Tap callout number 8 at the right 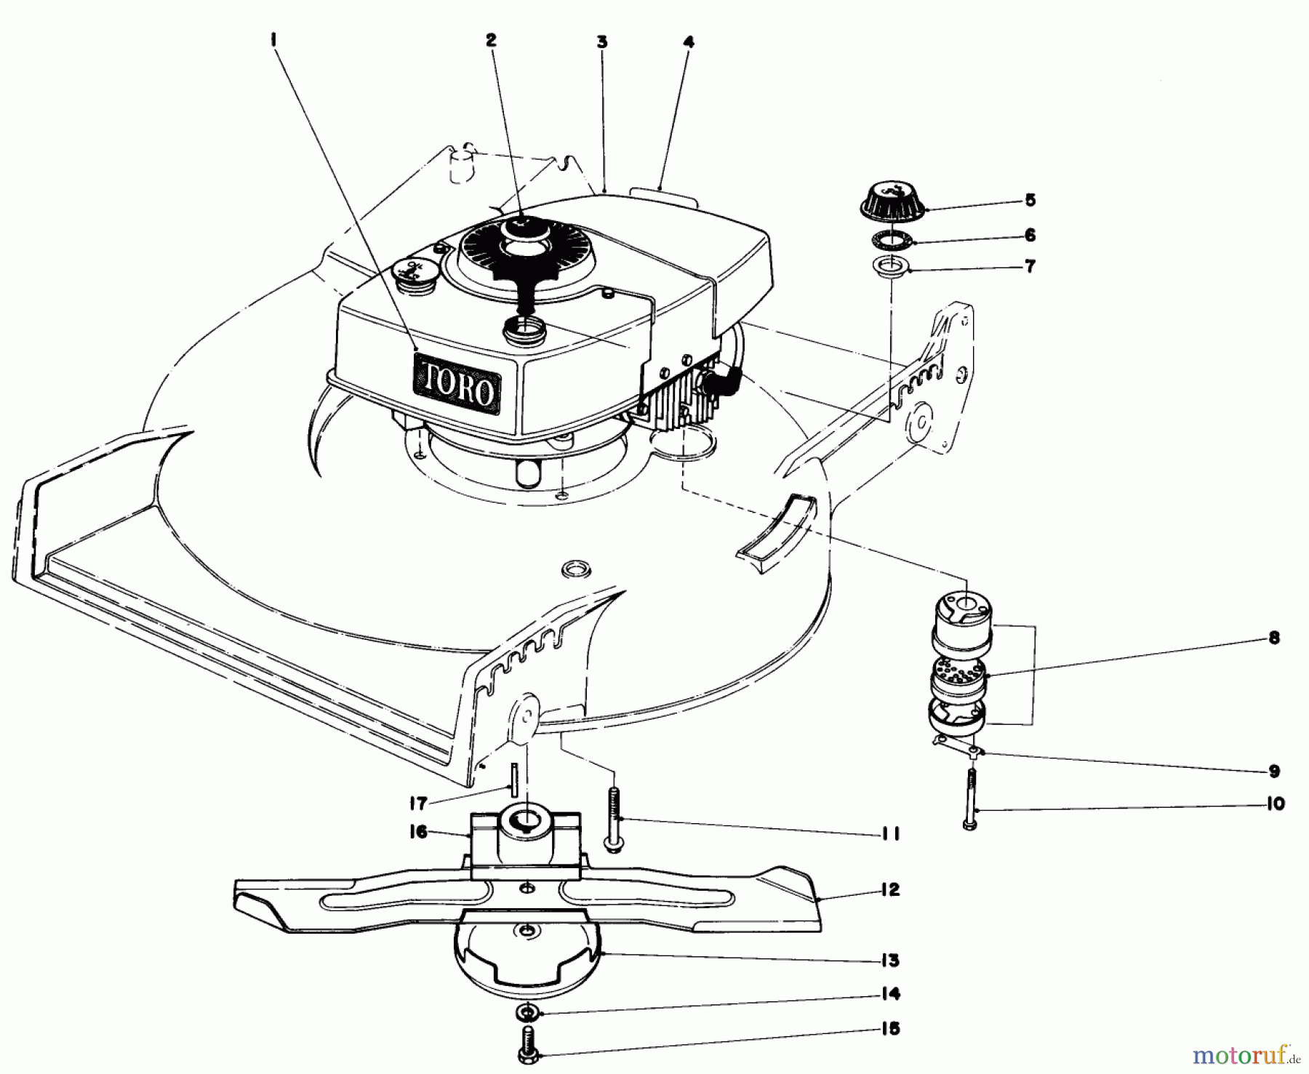click(1274, 638)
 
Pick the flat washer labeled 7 click(889, 268)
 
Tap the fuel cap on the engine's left click(412, 273)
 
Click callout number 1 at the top click(274, 42)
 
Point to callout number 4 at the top click(688, 42)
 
